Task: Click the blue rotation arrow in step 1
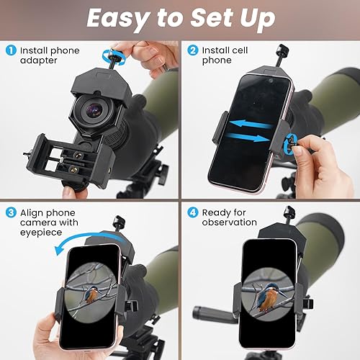(x=110, y=55)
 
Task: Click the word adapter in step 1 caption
(x=37, y=61)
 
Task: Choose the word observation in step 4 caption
(x=229, y=223)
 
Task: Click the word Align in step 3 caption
(x=32, y=212)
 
